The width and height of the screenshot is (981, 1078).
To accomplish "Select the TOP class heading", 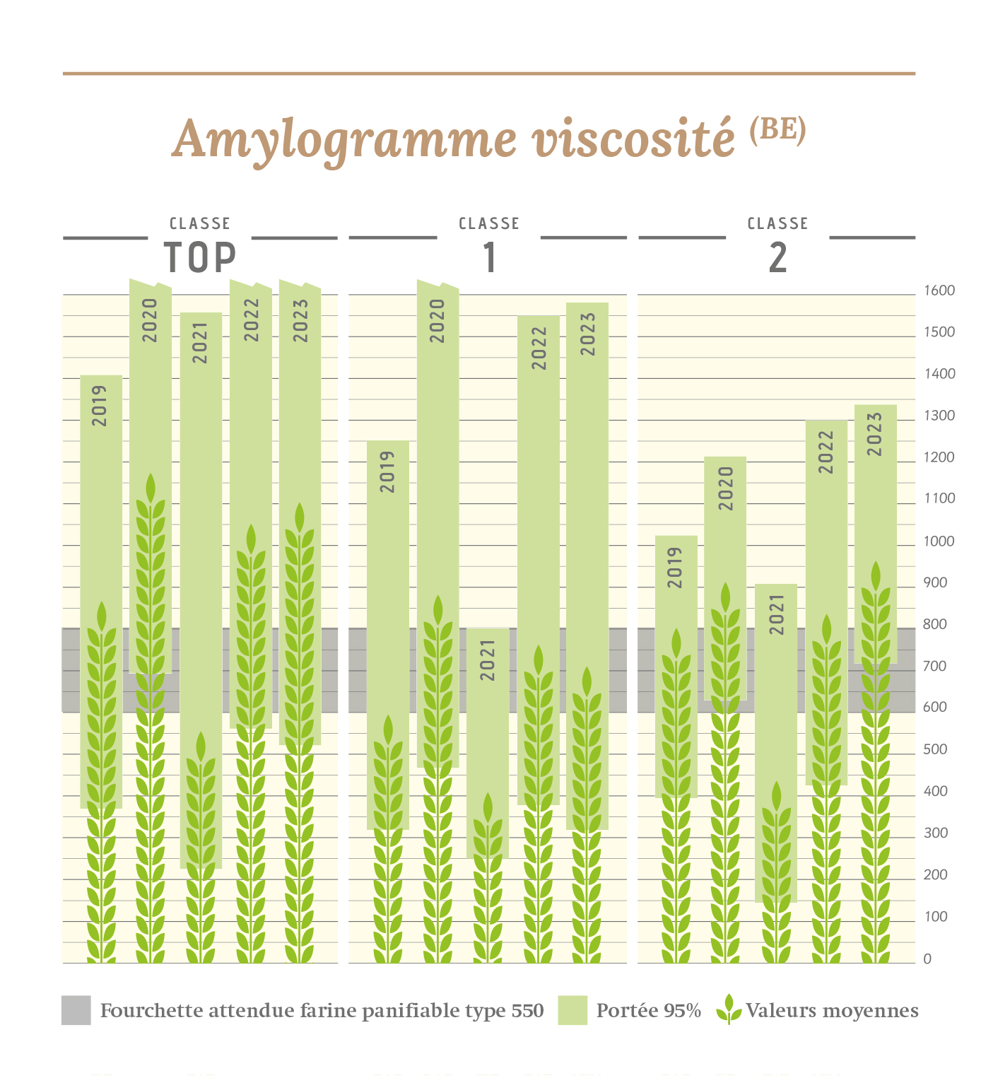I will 200,257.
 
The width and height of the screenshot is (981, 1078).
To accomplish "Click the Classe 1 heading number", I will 489,257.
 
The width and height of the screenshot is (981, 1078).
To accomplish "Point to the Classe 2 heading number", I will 777,257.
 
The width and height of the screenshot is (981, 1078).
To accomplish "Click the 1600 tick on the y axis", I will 939,291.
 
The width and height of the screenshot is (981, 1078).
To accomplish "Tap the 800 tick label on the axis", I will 935,624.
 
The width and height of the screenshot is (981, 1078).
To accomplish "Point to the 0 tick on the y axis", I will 928,959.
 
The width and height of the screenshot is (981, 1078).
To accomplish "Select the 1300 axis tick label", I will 939,416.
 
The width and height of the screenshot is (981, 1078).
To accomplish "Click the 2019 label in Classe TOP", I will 100,405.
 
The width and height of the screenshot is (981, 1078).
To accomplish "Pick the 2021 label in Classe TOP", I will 201,343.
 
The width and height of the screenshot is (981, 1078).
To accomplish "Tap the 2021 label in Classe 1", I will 488,660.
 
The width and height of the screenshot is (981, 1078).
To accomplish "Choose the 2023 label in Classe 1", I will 587,334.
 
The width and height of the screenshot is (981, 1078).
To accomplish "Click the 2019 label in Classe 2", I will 676,567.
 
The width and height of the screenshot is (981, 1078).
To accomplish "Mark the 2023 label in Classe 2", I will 875,434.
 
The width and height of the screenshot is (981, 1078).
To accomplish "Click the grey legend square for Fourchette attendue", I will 76,1010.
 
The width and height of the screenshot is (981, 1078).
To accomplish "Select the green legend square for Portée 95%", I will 572,1010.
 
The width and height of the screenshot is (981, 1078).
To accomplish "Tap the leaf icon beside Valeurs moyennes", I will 729,1009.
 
